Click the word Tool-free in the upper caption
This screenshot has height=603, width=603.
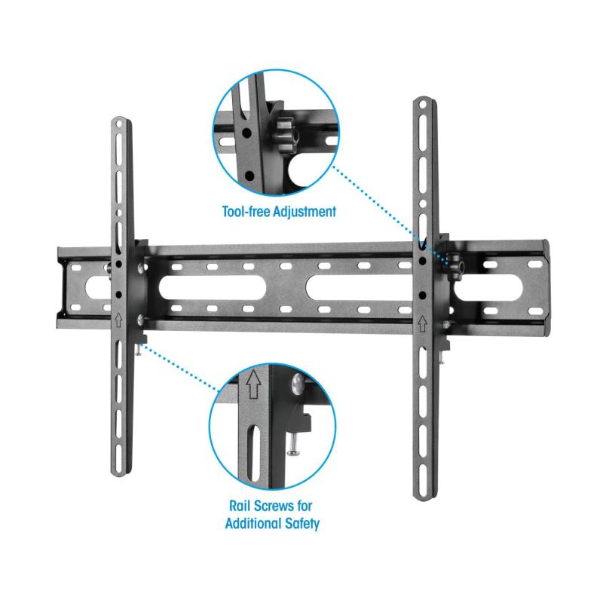(245, 212)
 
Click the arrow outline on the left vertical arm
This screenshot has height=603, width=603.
(119, 318)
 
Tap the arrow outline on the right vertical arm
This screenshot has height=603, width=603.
(422, 324)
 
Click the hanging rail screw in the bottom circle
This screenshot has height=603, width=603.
(291, 441)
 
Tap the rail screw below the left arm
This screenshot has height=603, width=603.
(140, 347)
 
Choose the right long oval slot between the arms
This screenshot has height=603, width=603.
(357, 287)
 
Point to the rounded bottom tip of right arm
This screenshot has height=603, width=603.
(423, 494)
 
